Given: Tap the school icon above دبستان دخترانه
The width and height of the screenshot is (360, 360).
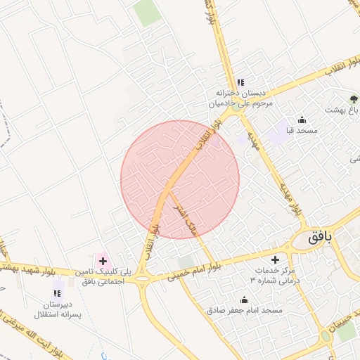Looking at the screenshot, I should click(x=240, y=82).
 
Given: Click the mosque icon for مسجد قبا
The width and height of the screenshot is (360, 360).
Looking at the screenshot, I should click(x=302, y=120).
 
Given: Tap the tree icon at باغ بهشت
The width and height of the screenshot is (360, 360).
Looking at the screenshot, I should click(x=353, y=98).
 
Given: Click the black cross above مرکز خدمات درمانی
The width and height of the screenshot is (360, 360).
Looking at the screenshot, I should click(x=275, y=259).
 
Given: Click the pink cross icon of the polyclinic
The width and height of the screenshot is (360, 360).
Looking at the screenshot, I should click(x=103, y=261).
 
